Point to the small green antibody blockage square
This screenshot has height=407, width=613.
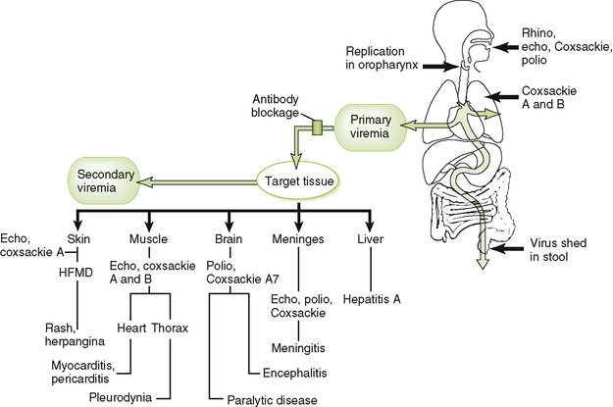(x=317, y=127)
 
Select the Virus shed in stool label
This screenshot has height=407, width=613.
(x=574, y=257)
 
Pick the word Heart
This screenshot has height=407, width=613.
(x=132, y=327)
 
